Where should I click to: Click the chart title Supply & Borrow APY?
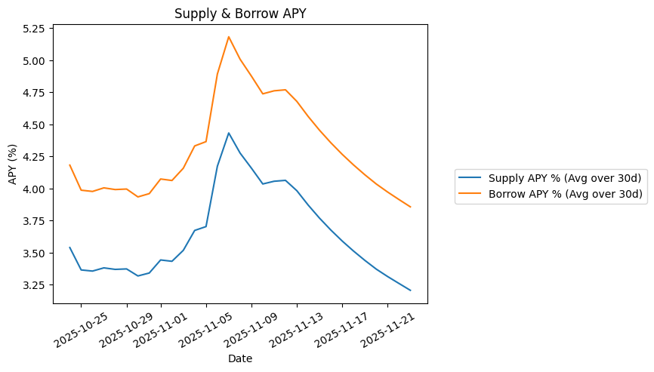[240, 14]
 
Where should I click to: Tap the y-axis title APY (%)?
[13, 164]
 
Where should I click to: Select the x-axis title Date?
[240, 358]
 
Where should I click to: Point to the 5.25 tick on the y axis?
[32, 29]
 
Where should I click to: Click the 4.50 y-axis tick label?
[32, 125]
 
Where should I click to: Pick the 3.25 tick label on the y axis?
[32, 285]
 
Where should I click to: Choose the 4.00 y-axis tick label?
[32, 189]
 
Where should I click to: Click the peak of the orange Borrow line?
[229, 36]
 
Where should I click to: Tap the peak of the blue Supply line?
[229, 133]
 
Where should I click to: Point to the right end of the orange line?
[410, 207]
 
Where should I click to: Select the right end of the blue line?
[410, 291]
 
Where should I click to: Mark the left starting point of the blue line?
[69, 247]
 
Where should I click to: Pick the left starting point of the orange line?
[69, 164]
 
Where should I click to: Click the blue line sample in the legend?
[471, 178]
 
